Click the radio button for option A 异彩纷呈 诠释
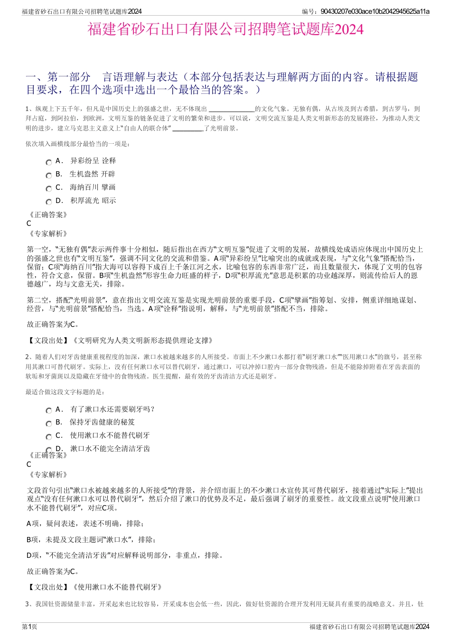[49, 162]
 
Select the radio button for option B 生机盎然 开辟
[49, 176]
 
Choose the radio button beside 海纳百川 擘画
[49, 189]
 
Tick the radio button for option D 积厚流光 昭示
[49, 202]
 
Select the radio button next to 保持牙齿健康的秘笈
[49, 424]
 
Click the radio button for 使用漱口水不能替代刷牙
[49, 437]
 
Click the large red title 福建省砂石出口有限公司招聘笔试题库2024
[225, 29]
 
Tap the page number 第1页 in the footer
[29, 627]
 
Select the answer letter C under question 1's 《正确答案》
[29, 223]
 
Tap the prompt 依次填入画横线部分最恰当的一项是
[78, 144]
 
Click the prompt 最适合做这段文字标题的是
[66, 392]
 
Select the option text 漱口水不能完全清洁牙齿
[110, 448]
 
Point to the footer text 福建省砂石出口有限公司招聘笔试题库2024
[369, 627]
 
